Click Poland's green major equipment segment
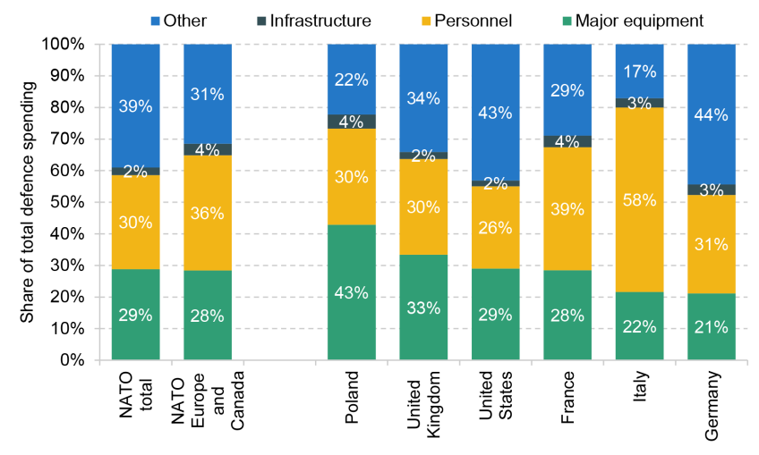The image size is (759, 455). pyautogui.click(x=352, y=292)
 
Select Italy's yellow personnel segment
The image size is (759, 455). pyautogui.click(x=639, y=199)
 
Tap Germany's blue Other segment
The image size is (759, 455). pyautogui.click(x=712, y=114)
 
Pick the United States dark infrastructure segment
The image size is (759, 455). pyautogui.click(x=496, y=183)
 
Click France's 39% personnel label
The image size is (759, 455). pyautogui.click(x=567, y=209)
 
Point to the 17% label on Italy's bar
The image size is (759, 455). pyautogui.click(x=639, y=72)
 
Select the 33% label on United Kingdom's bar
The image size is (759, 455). pyautogui.click(x=423, y=308)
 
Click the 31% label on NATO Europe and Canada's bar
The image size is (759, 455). pyautogui.click(x=207, y=94)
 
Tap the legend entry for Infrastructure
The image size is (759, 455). pyautogui.click(x=314, y=21)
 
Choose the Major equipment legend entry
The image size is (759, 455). pyautogui.click(x=633, y=21)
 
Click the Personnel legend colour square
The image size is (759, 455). pyautogui.click(x=426, y=21)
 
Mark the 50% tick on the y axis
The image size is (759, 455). pyautogui.click(x=97, y=202)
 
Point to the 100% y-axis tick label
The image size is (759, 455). pyautogui.click(x=64, y=44)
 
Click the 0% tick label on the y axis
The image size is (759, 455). pyautogui.click(x=72, y=360)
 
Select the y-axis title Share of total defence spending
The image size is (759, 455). pyautogui.click(x=27, y=202)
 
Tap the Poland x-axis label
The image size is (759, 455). pyautogui.click(x=352, y=398)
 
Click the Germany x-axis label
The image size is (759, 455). pyautogui.click(x=712, y=406)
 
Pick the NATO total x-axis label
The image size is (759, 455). pyautogui.click(x=135, y=395)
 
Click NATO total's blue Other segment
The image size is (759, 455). pyautogui.click(x=135, y=105)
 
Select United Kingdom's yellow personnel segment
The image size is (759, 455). pyautogui.click(x=423, y=207)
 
